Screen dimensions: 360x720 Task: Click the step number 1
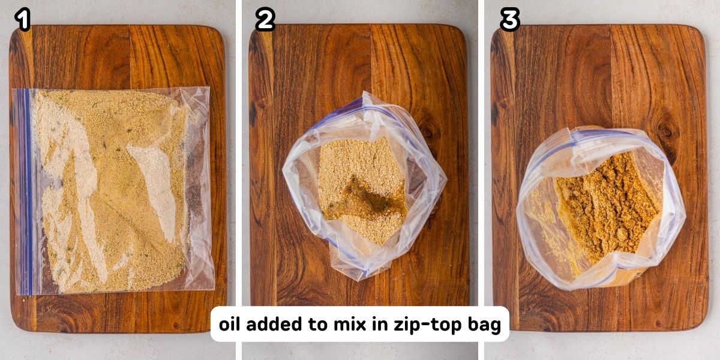(x=23, y=20)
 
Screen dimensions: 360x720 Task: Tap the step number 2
(x=265, y=20)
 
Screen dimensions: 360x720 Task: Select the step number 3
(x=509, y=20)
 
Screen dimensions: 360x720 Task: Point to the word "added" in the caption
(x=273, y=325)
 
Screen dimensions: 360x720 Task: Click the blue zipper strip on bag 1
(x=23, y=192)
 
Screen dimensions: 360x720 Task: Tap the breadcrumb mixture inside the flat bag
(x=114, y=192)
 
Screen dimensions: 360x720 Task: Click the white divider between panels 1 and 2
(x=239, y=180)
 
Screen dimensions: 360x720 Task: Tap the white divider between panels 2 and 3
(x=481, y=180)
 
